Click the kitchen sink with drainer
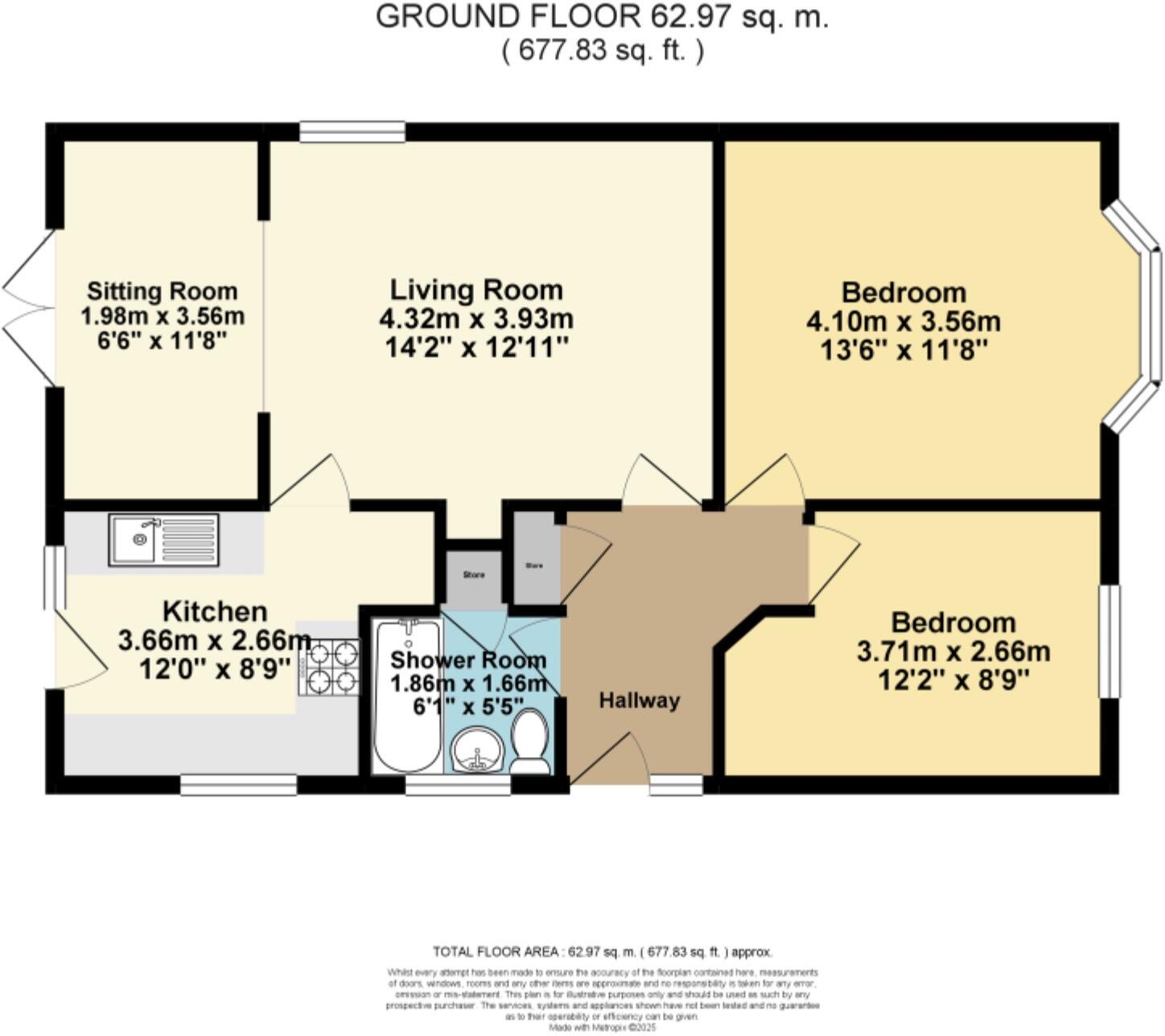coord(164,541)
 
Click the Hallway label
coord(639,701)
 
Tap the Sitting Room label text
coord(163,290)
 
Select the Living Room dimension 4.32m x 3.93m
coord(476,319)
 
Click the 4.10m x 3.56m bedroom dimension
coord(903,322)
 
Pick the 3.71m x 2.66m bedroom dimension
coord(953,651)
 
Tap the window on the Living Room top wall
coord(352,132)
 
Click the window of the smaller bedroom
coord(1110,641)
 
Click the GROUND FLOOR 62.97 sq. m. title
coord(602,18)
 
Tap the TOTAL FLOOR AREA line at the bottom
coord(603,952)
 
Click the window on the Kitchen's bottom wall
coord(239,785)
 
